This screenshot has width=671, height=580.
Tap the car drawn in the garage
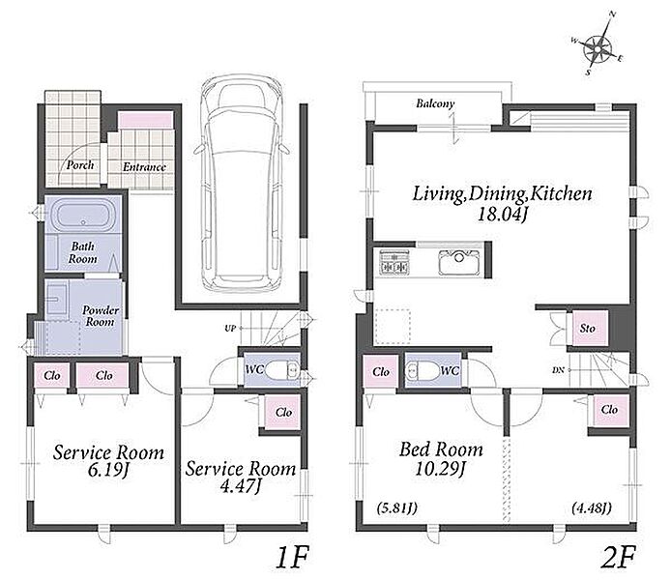pos(241,185)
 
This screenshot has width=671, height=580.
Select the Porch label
pos(80,165)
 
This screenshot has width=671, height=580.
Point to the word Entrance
pos(144,167)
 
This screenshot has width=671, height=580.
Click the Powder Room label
pos(101,316)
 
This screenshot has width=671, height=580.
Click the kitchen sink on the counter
pos(459,261)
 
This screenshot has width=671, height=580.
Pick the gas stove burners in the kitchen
pos(394,261)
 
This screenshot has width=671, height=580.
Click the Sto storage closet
pos(588,328)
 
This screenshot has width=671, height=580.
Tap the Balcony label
pos(435,103)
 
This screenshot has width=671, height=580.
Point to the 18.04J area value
pos(501,214)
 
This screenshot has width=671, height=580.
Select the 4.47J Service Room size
pos(240,486)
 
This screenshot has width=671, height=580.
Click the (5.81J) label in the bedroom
pos(396,508)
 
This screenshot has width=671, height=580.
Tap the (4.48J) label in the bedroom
pos(592,507)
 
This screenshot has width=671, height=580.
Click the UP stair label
pos(230,329)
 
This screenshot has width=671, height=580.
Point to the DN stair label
pos(558,370)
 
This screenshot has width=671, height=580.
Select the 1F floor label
pos(291,557)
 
